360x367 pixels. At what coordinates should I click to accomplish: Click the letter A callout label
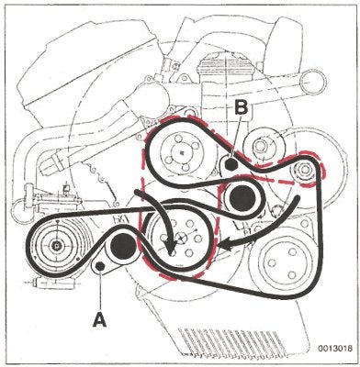100,320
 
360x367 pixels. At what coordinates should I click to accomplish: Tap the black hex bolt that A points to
99,266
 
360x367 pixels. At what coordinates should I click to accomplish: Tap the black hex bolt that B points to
231,165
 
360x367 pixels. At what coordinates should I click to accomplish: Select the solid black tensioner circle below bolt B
242,199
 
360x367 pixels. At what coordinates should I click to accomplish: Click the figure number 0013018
334,348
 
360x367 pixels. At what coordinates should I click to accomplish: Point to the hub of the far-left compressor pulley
56,244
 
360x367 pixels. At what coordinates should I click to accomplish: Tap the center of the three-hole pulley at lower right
281,263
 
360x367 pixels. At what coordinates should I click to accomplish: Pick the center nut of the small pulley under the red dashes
304,170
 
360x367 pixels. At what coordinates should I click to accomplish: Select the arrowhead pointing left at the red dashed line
226,245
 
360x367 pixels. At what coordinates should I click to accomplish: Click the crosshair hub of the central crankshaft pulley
182,237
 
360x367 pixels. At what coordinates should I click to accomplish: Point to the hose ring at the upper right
312,82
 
